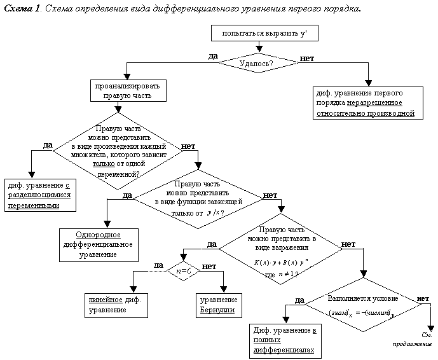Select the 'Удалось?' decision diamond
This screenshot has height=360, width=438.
point(257,63)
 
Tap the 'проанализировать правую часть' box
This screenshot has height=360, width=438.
point(128,90)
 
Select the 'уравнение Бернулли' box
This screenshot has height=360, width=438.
point(219,304)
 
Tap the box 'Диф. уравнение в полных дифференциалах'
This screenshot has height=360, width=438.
point(283,341)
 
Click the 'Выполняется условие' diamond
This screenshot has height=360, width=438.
point(363,305)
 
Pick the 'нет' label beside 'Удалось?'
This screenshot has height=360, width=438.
point(307,58)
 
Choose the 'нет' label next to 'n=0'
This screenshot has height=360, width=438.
point(209,265)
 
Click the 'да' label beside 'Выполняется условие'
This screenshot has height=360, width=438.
point(299,300)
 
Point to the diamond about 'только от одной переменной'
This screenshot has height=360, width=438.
point(114,151)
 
